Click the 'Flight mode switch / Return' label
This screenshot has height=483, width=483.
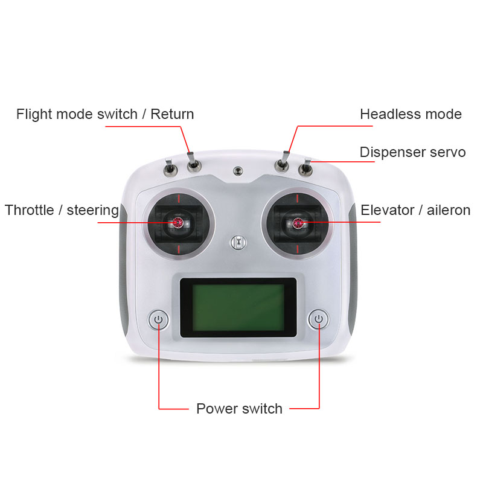[x=105, y=114]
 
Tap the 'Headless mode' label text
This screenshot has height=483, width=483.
[x=411, y=114]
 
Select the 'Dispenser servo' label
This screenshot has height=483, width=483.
[x=413, y=152]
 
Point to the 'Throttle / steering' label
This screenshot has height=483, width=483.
[x=62, y=210]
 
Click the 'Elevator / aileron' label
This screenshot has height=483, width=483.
[x=415, y=210]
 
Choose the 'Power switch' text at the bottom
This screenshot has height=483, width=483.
[x=239, y=409]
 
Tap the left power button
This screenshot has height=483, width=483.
[x=158, y=319]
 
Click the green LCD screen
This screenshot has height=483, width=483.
[x=238, y=307]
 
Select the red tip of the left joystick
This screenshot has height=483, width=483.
[x=178, y=222]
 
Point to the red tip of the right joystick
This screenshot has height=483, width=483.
[x=298, y=223]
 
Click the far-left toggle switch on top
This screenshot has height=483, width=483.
[x=170, y=168]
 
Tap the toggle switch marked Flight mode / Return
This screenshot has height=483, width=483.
[x=193, y=162]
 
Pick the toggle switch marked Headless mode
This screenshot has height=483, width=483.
[x=283, y=162]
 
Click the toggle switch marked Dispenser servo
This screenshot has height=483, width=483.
[x=306, y=167]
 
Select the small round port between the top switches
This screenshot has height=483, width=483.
[x=237, y=171]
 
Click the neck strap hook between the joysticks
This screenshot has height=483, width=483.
[x=238, y=243]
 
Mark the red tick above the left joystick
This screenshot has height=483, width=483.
[x=179, y=199]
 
